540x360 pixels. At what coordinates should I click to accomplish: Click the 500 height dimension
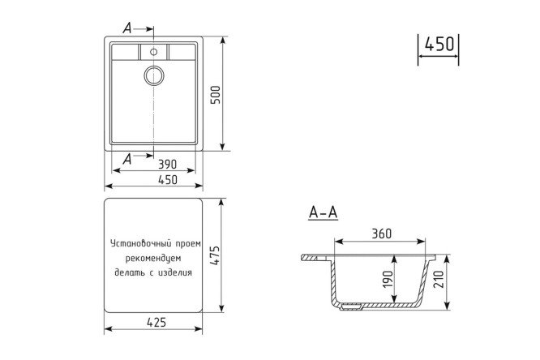point(215,95)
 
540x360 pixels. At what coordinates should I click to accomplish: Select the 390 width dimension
point(167,165)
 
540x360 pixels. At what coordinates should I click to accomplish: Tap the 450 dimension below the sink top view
point(168,179)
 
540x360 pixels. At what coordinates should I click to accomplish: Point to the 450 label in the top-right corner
point(439,44)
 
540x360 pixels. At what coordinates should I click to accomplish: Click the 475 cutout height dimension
point(215,255)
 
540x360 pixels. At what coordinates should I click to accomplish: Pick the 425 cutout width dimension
point(156,322)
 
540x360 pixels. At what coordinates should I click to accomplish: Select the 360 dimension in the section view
point(382,234)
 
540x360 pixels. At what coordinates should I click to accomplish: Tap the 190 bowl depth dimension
point(388,279)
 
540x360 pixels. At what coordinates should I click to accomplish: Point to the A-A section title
point(323,212)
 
